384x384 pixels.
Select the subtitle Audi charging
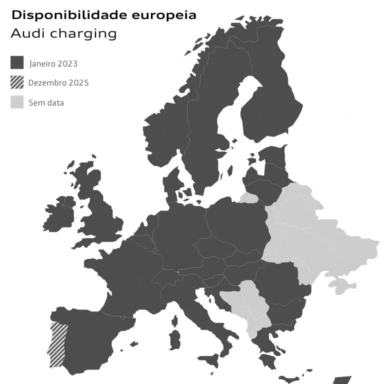coord(63,33)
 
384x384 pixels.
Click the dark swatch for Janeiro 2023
coord(17,63)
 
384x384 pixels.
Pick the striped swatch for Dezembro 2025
coord(17,82)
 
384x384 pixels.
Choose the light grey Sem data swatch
coord(17,102)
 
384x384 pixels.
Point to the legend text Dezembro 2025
coord(58,83)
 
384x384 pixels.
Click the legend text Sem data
coord(46,103)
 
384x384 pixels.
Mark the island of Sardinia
coord(174,339)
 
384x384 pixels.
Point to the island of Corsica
coord(175,319)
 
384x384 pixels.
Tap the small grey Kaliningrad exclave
coord(248,198)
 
